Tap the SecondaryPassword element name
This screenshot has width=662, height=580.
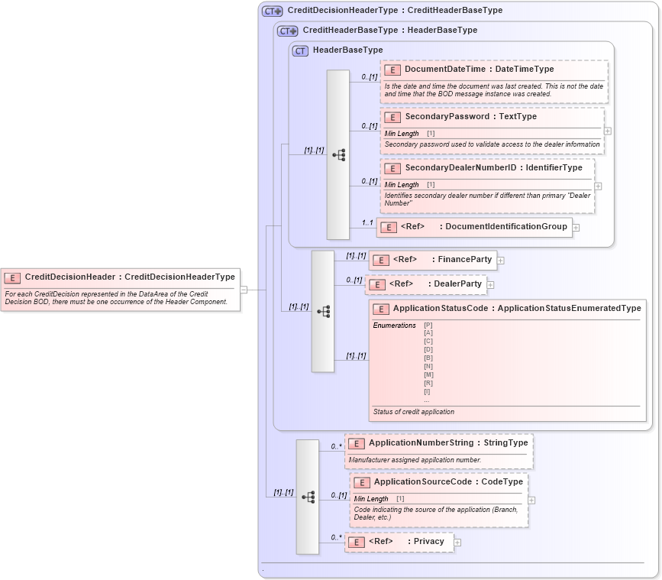(x=447, y=116)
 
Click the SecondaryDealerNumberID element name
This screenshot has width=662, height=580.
(x=461, y=167)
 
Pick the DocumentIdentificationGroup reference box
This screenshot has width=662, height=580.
(x=474, y=226)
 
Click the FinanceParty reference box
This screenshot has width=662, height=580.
(x=433, y=260)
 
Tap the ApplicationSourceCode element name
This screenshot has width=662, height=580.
(x=421, y=482)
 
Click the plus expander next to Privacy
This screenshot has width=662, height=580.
(x=458, y=543)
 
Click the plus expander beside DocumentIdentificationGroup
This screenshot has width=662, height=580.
(x=576, y=227)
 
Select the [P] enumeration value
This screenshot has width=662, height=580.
(x=428, y=326)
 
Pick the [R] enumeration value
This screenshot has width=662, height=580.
(x=428, y=383)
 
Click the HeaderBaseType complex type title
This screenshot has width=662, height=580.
(x=347, y=50)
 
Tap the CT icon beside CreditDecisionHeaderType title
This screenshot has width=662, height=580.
(x=273, y=11)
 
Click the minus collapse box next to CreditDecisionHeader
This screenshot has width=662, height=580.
(x=244, y=290)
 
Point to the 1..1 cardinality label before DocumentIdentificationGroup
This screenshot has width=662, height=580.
(x=367, y=222)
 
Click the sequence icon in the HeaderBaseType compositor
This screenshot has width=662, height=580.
(x=338, y=154)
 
